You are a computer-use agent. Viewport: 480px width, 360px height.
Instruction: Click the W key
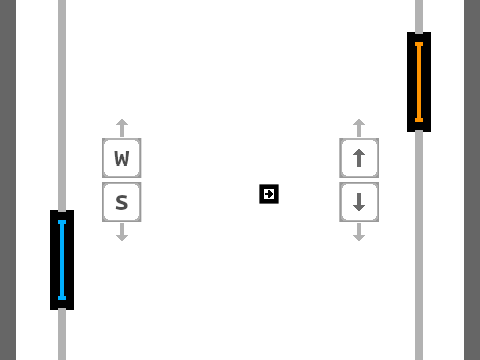[x=122, y=158]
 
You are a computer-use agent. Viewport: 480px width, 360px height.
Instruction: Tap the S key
[x=122, y=202]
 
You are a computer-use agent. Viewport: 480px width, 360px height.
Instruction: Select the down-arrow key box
[x=359, y=202]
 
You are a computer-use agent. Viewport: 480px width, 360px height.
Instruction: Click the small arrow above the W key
[x=122, y=128]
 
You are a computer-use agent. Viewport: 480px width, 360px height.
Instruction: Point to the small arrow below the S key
[x=122, y=232]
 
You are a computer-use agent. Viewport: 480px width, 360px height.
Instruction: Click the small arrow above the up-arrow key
[x=359, y=128]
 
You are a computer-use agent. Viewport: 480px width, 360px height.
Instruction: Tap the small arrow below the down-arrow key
[x=359, y=232]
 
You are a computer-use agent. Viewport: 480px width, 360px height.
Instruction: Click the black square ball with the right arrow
[x=269, y=194]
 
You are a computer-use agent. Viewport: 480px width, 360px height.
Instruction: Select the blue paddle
[x=62, y=260]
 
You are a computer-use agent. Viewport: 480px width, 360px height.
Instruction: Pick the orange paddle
[x=419, y=82]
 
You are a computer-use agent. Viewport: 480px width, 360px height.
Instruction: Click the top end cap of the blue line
[x=62, y=222]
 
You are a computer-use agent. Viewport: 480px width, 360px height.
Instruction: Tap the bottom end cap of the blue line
[x=62, y=298]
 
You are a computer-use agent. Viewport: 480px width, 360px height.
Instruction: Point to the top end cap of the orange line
[x=419, y=44]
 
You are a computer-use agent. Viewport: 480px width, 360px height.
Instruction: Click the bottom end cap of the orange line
[x=419, y=120]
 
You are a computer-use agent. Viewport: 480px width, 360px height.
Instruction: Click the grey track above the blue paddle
[x=62, y=105]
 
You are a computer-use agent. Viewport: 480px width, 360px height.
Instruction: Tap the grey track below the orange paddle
[x=419, y=246]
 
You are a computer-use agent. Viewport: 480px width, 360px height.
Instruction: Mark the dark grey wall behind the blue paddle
[x=8, y=180]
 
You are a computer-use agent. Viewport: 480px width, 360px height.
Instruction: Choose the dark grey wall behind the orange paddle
[x=472, y=180]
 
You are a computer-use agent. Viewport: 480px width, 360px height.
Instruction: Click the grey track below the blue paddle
[x=62, y=335]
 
